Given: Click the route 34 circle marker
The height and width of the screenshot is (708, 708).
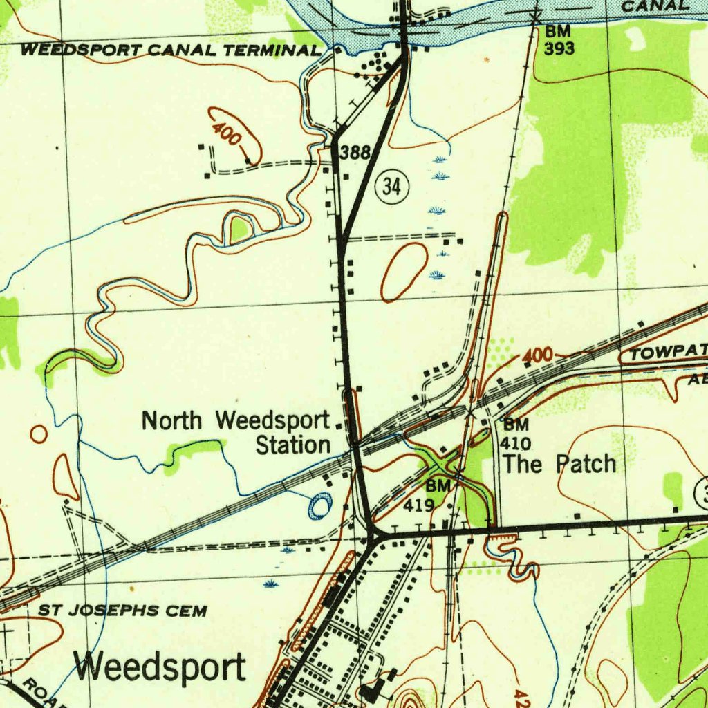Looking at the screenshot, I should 392,187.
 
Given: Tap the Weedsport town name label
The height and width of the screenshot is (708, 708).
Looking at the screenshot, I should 160,668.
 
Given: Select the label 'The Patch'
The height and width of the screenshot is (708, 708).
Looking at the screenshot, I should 559,464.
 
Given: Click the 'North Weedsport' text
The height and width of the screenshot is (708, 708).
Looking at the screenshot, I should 236,420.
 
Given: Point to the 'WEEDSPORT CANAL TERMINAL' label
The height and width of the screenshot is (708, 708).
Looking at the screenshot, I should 171,50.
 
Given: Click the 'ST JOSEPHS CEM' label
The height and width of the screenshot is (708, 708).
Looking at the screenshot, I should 122,611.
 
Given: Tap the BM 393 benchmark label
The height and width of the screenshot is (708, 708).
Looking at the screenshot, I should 559,39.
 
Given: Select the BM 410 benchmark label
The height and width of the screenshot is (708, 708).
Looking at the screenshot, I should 516,434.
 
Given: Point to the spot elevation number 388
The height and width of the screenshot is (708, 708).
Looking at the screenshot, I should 356,153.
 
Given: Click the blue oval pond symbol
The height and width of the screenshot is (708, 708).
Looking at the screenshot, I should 319,507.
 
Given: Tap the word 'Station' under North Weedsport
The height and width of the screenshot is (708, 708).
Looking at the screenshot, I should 293,445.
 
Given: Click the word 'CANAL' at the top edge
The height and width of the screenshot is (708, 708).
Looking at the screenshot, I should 655,6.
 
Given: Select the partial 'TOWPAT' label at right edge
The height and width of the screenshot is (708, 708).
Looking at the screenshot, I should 668,354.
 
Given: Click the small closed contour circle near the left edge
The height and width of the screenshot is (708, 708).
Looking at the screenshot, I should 39,434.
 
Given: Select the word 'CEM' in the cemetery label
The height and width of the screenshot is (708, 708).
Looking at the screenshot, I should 187,611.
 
